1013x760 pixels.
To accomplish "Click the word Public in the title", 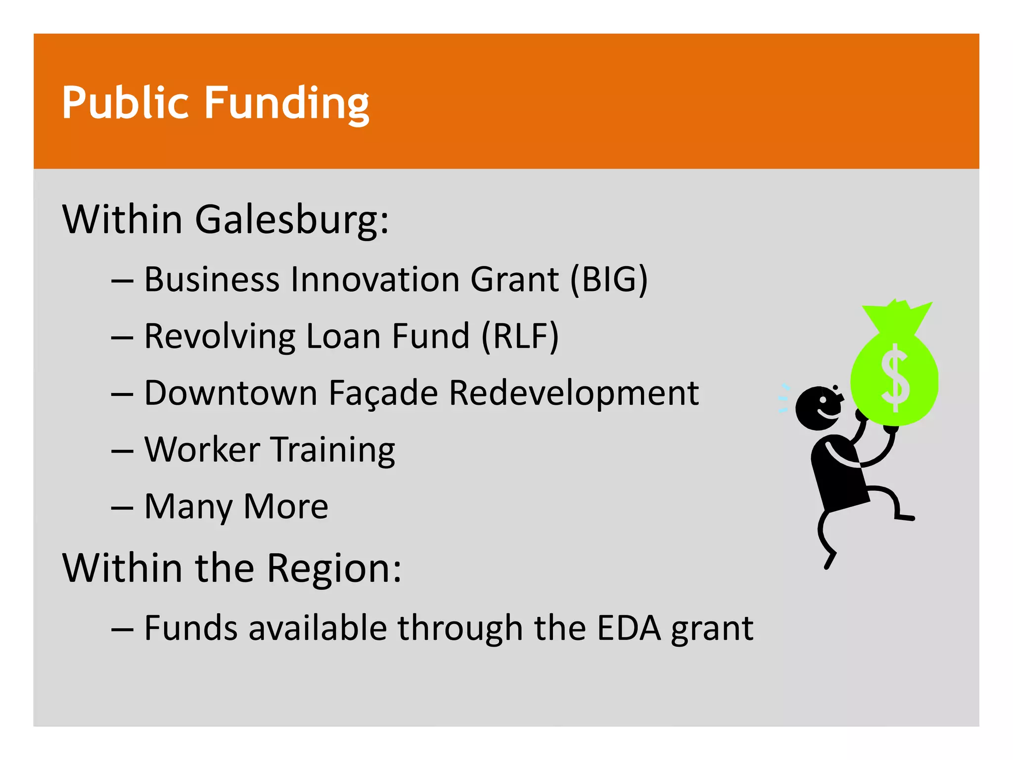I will [125, 103].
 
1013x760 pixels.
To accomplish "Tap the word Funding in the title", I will [286, 104].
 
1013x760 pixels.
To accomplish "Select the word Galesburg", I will [292, 220].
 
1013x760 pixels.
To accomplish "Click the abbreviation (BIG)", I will [609, 280].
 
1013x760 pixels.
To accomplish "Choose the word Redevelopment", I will [574, 393].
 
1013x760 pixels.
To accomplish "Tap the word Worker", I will [202, 450].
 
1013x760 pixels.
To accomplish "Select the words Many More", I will [236, 507].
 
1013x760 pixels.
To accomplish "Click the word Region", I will [334, 569].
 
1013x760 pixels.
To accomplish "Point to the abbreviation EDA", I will [628, 628].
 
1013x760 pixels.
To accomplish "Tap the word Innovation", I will [375, 280].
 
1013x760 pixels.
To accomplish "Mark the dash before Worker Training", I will [122, 451].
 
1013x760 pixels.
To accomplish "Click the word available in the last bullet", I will [317, 628].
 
